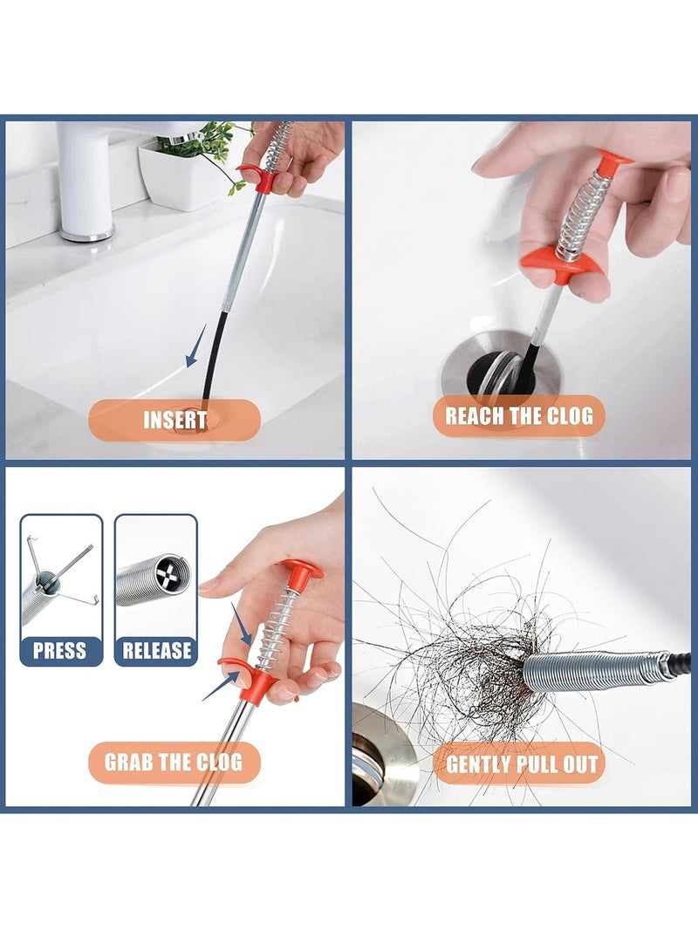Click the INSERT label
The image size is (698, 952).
[174, 420]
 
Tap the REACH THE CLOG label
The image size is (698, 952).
[519, 416]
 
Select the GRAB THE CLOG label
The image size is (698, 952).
[174, 762]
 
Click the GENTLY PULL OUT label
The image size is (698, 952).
[522, 764]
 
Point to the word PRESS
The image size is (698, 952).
[59, 651]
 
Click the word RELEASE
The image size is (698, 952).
[156, 651]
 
